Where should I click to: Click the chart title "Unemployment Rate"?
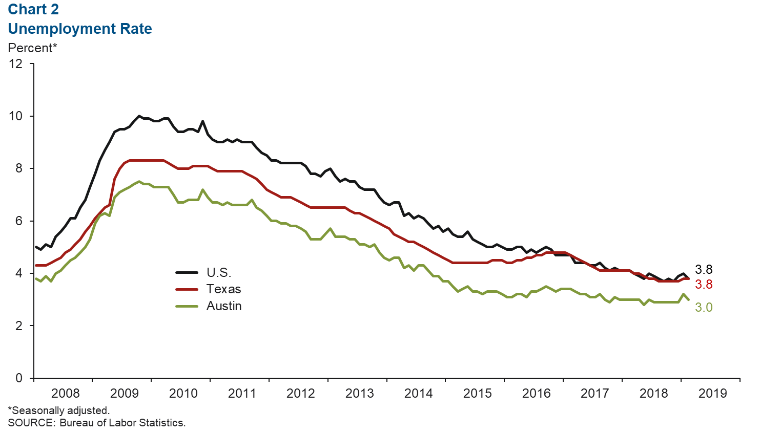[x=80, y=29]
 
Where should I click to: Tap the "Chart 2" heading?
[x=33, y=9]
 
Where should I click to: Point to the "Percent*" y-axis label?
[x=32, y=48]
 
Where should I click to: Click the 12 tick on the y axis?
[x=16, y=63]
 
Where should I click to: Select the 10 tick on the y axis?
[x=16, y=116]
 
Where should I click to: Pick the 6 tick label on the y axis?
[x=19, y=221]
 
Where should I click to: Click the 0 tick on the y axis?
[x=19, y=378]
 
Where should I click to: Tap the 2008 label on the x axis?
[x=66, y=393]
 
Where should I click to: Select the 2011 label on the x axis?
[x=242, y=393]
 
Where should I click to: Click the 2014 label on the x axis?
[x=419, y=393]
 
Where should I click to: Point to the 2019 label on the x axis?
[x=713, y=393]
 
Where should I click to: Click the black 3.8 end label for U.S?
[x=704, y=270]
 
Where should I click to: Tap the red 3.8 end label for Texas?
[x=704, y=285]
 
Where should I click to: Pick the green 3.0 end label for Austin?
[x=704, y=308]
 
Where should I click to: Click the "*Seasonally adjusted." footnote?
[x=59, y=410]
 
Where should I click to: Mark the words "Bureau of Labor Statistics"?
[x=122, y=423]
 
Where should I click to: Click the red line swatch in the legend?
[x=187, y=289]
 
